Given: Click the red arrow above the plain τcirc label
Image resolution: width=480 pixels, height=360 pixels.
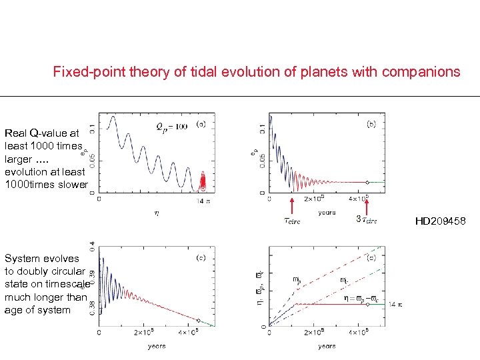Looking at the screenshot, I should [292, 203].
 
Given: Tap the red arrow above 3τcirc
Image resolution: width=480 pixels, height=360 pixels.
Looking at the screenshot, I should [366, 203].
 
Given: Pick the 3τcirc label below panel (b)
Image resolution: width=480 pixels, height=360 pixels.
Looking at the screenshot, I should [366, 221].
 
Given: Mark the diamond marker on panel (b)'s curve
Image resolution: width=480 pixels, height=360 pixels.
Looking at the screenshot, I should [367, 182].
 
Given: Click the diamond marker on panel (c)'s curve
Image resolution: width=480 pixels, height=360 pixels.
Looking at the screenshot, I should [198, 319].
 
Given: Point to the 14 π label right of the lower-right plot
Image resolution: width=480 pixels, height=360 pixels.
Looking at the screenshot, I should [395, 305].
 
